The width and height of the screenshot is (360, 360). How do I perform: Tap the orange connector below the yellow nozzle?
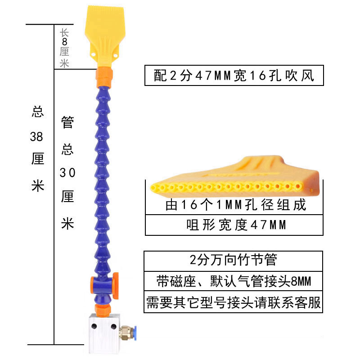104,77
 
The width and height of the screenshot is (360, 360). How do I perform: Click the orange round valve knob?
116,286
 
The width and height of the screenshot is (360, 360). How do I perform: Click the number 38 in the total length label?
36,137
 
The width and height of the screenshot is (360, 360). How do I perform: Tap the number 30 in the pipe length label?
67,173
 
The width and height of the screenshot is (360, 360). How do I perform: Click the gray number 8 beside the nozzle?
64,42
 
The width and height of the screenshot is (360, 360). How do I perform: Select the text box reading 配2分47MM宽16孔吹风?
234,76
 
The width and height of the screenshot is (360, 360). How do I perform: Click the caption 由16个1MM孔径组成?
235,205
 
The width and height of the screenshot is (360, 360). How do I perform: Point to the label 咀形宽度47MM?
236,225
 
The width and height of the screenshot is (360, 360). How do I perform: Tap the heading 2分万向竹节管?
233,260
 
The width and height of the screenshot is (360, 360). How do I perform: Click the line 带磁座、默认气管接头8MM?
234,281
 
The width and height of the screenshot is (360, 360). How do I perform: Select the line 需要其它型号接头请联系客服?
234,302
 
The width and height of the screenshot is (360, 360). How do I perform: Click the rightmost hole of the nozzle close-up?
297,186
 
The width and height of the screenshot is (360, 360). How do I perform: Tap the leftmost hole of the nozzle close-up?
153,188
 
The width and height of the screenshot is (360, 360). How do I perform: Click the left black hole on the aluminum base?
94,326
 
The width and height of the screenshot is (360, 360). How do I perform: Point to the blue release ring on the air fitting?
135,332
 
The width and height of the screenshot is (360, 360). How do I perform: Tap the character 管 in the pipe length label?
67,122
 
